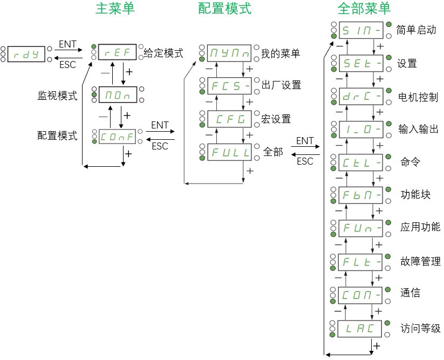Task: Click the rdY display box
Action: tap(26, 53)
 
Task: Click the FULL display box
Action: tap(229, 152)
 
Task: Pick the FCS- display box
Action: tap(229, 85)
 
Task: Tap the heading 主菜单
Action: tap(115, 9)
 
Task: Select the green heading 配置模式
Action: tap(225, 9)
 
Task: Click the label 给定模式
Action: tap(163, 53)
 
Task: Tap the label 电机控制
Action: tap(418, 97)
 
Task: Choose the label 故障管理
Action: tap(421, 261)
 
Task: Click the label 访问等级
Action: tap(421, 328)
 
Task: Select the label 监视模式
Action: tap(57, 96)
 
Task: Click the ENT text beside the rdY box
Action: tap(67, 43)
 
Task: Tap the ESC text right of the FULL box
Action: tap(305, 161)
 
